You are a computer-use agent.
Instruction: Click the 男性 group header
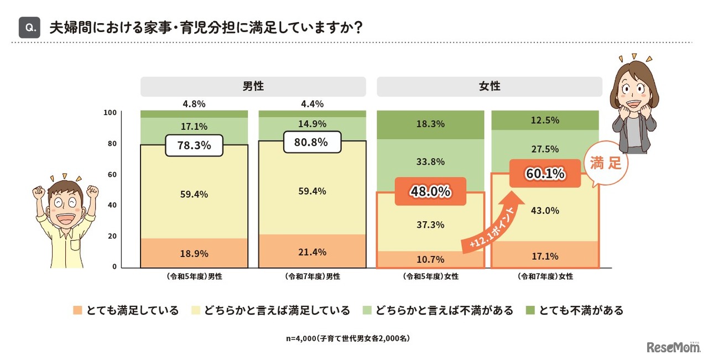[x=253, y=87]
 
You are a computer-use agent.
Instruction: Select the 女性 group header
[x=489, y=87]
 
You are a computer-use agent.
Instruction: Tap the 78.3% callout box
[x=194, y=146]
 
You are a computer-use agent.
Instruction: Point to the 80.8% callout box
[x=312, y=142]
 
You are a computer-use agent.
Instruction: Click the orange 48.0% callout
[x=431, y=192]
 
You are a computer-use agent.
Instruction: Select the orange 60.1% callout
[x=545, y=174]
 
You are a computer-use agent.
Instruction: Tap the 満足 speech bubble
[x=606, y=164]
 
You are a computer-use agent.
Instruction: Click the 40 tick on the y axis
[x=111, y=205]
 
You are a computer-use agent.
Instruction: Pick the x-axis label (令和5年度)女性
[x=430, y=276]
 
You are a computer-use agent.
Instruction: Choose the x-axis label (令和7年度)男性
[x=312, y=276]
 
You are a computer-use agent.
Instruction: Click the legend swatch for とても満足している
[x=77, y=311]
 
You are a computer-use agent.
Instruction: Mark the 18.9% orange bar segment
[x=194, y=254]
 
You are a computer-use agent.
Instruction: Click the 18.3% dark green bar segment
[x=430, y=124]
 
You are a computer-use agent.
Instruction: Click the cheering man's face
[x=66, y=201]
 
